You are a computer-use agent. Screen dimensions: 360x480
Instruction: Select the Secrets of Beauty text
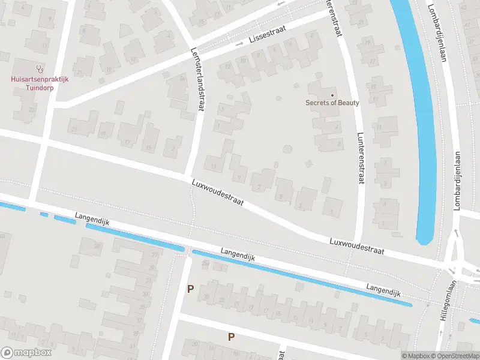332,103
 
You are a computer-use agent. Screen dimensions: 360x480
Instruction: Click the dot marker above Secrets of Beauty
332,95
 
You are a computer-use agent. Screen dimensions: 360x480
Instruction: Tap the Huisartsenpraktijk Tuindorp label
39,82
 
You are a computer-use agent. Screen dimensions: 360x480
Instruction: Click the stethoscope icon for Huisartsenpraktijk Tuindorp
39,68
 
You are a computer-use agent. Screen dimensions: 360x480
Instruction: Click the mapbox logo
26,353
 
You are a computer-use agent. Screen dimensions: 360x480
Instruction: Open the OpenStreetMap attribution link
453,356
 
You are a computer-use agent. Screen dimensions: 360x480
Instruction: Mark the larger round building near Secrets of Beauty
287,149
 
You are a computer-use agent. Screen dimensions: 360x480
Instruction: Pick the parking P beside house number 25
190,289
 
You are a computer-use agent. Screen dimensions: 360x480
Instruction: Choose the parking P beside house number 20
230,337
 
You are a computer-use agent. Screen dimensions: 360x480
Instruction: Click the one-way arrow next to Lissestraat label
238,43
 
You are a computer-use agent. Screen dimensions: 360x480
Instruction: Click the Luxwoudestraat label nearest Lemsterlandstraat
217,192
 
